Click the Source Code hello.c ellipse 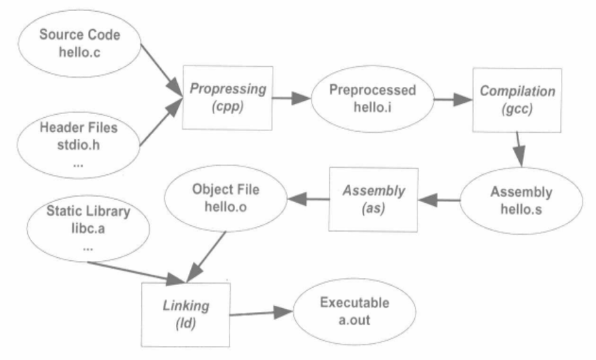point(79,44)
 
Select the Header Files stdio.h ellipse point(79,145)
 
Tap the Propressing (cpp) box point(228,98)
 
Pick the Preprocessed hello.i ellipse point(372,99)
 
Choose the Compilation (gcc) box point(517,101)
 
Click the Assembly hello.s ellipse point(521,201)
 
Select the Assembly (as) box point(374,200)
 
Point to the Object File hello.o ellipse point(226,198)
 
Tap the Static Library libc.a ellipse point(88,228)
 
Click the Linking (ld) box point(186,315)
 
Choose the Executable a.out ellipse point(355,312)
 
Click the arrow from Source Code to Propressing point(161,70)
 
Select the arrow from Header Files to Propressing point(161,122)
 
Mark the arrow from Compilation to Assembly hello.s point(519,149)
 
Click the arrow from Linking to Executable point(261,313)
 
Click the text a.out point(354,320)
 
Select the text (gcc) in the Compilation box point(517,109)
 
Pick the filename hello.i point(372,108)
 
